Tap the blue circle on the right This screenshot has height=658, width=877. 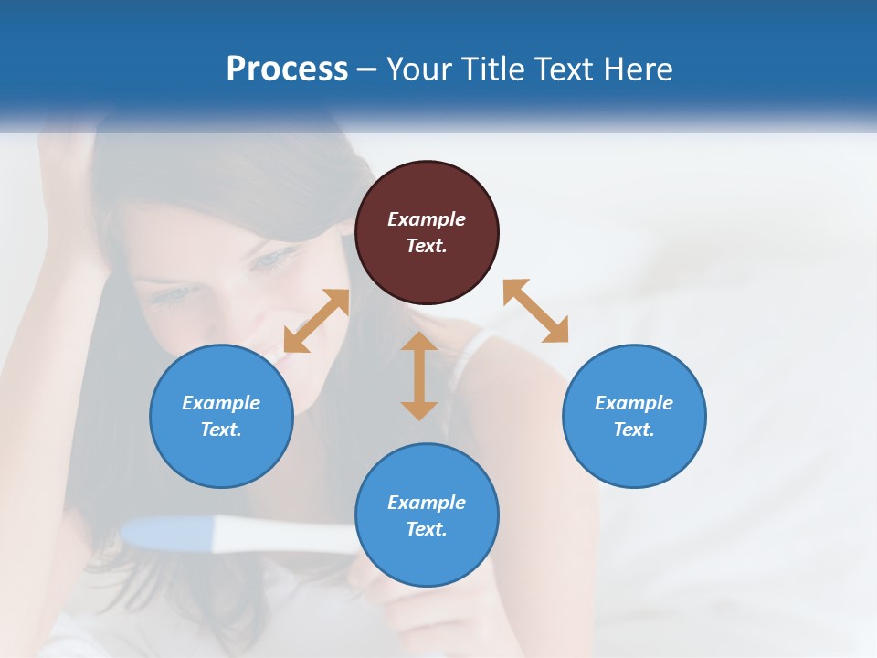pos(634,457)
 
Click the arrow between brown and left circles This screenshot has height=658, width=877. pos(316,321)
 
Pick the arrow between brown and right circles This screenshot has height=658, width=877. pos(535,311)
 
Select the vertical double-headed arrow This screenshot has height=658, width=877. pos(419,376)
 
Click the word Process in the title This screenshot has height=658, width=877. pos(287,69)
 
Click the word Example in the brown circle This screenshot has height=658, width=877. pos(427,219)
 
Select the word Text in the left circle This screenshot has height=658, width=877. pos(220,430)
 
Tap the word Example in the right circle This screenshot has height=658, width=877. pos(634,403)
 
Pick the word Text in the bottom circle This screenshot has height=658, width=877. pos(426,529)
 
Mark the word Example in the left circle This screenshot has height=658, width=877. pos(221,403)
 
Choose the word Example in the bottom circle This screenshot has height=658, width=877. pos(427,503)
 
